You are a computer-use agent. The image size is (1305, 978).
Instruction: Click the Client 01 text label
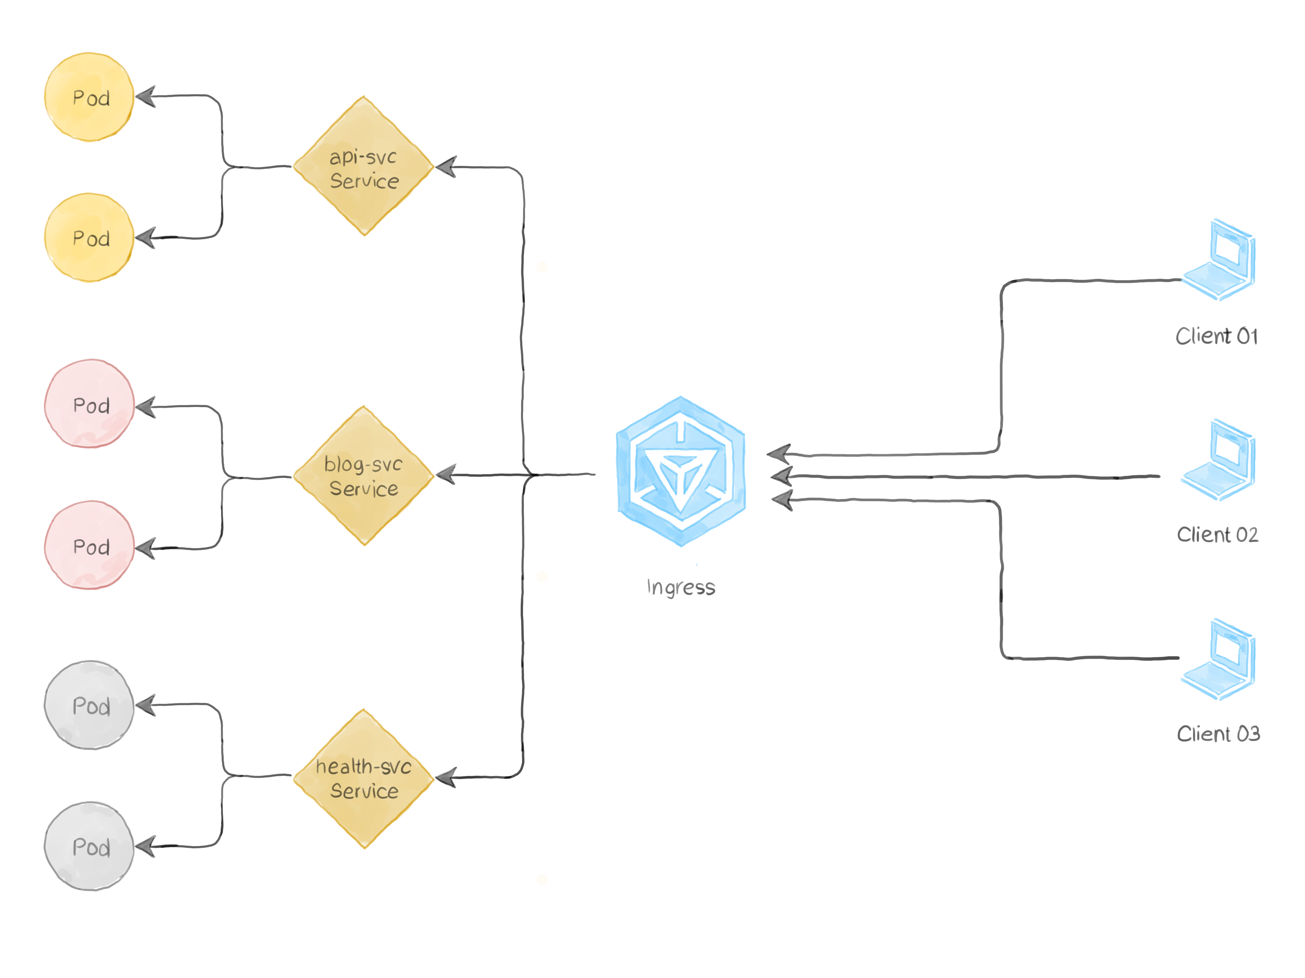[x=1217, y=337]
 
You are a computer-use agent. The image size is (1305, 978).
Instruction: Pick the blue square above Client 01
[x=1218, y=259]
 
